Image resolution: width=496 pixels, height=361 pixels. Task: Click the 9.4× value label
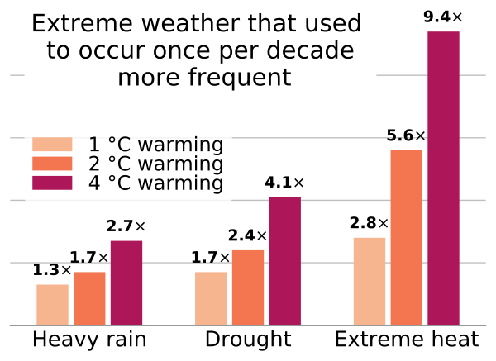point(443,15)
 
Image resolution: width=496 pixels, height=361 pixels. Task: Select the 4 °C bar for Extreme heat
point(443,178)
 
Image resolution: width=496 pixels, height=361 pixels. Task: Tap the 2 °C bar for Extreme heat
point(406,237)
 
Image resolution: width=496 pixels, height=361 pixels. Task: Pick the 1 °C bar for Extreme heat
point(370,281)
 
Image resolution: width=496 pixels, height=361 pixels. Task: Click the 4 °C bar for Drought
point(285,260)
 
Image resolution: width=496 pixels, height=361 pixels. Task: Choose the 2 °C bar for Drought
point(248,287)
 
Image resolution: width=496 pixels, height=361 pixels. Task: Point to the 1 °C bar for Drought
point(211,297)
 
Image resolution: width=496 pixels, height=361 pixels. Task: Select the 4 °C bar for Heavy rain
point(126,283)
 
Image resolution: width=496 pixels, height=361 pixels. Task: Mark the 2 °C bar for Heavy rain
point(89,297)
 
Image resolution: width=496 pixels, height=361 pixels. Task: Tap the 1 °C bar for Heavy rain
point(52,304)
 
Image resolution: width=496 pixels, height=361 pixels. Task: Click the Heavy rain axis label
point(89,340)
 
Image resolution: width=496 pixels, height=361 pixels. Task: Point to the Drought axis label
point(248,340)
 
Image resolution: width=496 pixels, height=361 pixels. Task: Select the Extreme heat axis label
point(406,340)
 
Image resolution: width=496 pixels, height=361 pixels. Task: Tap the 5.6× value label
point(406,135)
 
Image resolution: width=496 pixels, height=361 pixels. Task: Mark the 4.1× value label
point(285,183)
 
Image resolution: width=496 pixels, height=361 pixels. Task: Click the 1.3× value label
point(52,269)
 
